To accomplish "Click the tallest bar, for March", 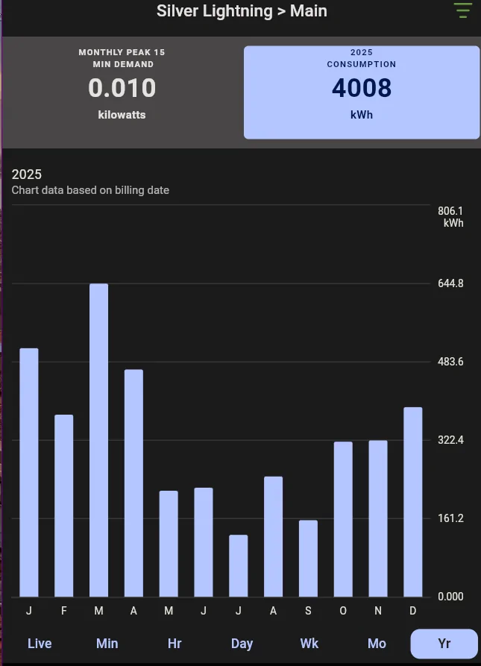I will [x=98, y=440].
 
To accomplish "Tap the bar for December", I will [x=412, y=502].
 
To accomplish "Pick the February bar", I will [x=64, y=506].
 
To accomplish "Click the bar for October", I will [x=343, y=519].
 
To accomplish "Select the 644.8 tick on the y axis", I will [x=450, y=283].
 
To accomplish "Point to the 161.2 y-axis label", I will [x=450, y=518].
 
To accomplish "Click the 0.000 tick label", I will [x=450, y=597].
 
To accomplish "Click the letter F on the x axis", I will [x=64, y=612].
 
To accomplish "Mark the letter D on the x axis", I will [x=412, y=612].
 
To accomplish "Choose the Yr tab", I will [x=444, y=644].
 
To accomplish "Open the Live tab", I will [x=40, y=644].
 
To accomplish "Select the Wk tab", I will [x=309, y=644].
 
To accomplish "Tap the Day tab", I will [x=242, y=644].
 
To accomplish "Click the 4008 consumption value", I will [x=362, y=88].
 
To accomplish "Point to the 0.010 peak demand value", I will [x=122, y=88].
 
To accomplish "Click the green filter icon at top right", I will [x=463, y=10].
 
